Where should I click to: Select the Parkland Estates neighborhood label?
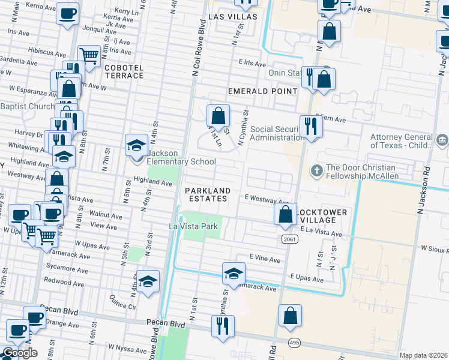tap(207, 194)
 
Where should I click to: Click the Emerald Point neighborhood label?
tap(262, 91)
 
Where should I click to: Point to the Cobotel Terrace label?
tap(124, 72)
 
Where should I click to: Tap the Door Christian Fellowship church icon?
tap(316, 172)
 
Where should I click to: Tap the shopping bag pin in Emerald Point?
tap(218, 116)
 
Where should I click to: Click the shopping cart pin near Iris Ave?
tap(89, 56)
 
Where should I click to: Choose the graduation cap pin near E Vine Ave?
tap(234, 274)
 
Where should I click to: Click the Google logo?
tap(20, 353)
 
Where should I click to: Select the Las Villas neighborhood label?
tap(232, 17)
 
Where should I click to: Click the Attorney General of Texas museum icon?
tap(442, 141)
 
